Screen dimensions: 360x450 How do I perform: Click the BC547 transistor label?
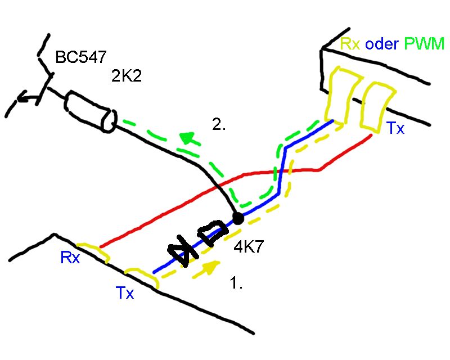(80, 58)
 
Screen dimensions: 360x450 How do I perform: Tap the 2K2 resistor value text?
(126, 76)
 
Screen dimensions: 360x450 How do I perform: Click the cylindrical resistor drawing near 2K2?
(91, 112)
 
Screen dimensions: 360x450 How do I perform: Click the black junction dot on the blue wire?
(237, 218)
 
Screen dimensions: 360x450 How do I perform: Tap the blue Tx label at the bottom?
(125, 293)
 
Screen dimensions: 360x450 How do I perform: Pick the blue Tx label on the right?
(395, 129)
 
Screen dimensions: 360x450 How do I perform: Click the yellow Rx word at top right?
(350, 43)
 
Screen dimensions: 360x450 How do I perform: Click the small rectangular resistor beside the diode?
(213, 233)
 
